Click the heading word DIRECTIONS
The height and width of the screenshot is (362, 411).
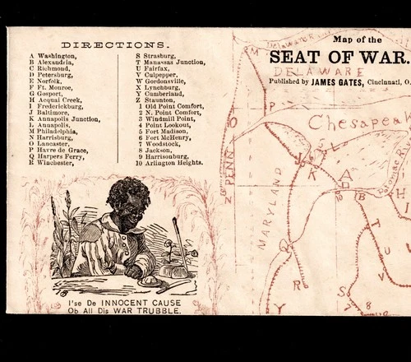coord(115,44)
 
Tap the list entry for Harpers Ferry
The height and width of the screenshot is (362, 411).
coord(54,156)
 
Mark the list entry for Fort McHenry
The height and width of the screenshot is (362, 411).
coord(165,137)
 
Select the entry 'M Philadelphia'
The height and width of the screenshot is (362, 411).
coord(53,131)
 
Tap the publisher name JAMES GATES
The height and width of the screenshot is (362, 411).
coord(339,81)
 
